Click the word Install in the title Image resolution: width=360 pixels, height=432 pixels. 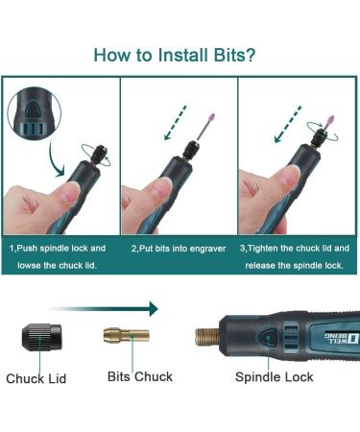point(183,55)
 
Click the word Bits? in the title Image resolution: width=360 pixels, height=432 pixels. point(234,55)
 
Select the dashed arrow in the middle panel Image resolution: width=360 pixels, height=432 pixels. point(175,123)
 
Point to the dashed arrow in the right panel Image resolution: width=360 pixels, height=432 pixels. point(288,124)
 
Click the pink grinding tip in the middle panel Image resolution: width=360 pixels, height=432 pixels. point(211,120)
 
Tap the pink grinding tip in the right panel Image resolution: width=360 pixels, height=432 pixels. point(330,122)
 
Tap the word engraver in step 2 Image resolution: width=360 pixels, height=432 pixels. point(208,249)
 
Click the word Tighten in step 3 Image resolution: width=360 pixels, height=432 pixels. point(263,249)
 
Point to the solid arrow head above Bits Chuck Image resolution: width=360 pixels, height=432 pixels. point(154,309)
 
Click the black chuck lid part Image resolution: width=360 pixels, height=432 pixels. point(41,338)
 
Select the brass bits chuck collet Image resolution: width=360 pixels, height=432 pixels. point(126,335)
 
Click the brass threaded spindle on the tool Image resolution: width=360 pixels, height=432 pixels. point(207,337)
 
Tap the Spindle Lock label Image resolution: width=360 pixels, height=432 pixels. point(275,377)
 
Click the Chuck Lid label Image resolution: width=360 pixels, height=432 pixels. point(36,378)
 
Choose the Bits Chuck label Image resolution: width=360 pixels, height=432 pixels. point(140,376)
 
